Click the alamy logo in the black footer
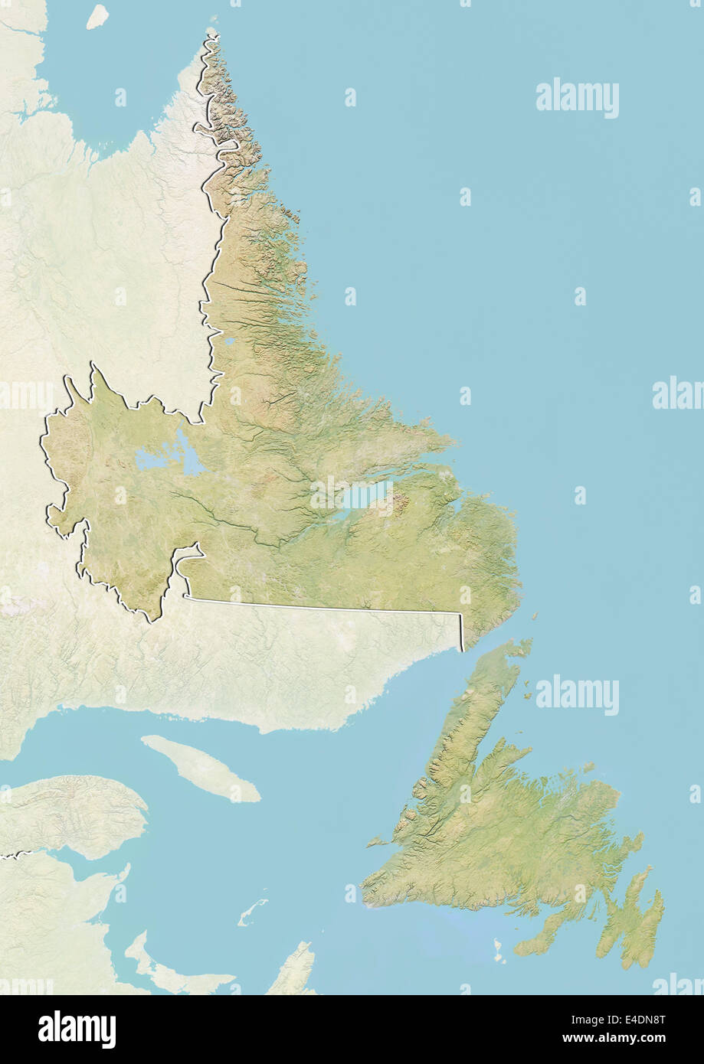tap(77, 1029)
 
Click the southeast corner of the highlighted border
tap(462, 651)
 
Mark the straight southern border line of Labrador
tap(322, 607)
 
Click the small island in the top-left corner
tap(97, 16)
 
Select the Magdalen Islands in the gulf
tap(252, 912)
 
